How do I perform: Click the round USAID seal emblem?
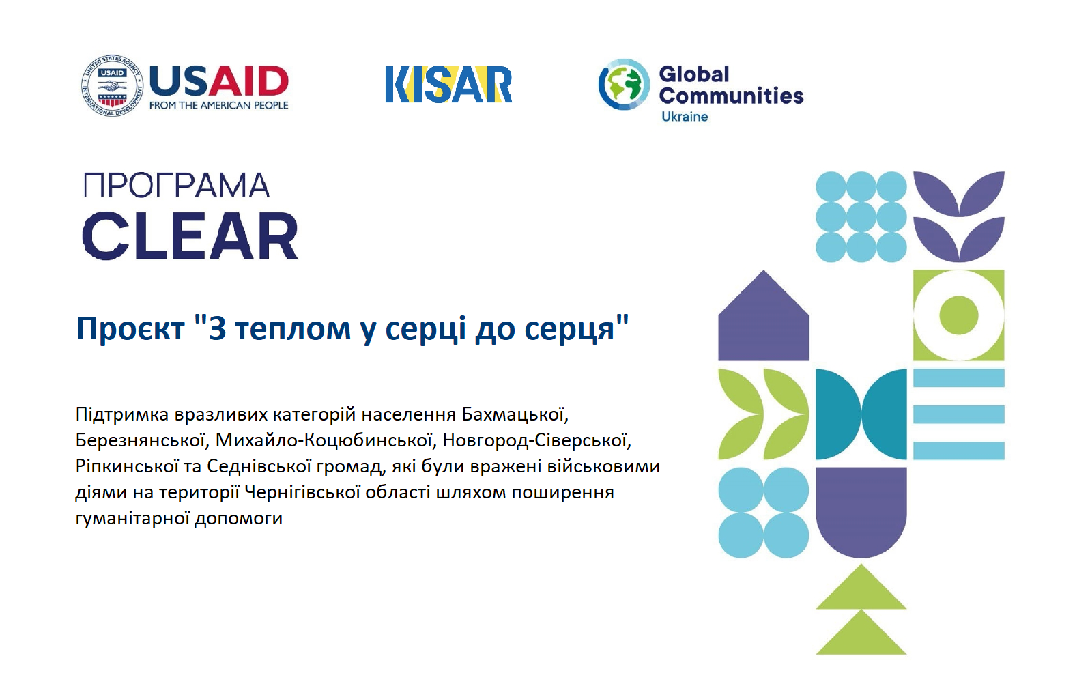click(113, 86)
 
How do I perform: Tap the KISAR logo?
click(448, 85)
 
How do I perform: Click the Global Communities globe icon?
click(624, 84)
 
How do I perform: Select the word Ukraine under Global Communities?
click(684, 117)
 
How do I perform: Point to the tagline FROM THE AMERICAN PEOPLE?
click(219, 105)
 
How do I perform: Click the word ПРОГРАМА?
click(177, 186)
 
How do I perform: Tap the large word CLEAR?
click(190, 236)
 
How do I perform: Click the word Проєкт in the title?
click(130, 329)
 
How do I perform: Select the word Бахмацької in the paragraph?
click(515, 415)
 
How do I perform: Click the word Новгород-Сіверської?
click(536, 440)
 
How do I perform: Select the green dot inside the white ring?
click(959, 315)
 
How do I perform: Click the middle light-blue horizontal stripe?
click(959, 414)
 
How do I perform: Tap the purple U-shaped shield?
click(861, 512)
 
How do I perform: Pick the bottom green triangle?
click(861, 632)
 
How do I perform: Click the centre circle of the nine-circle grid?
click(861, 216)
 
